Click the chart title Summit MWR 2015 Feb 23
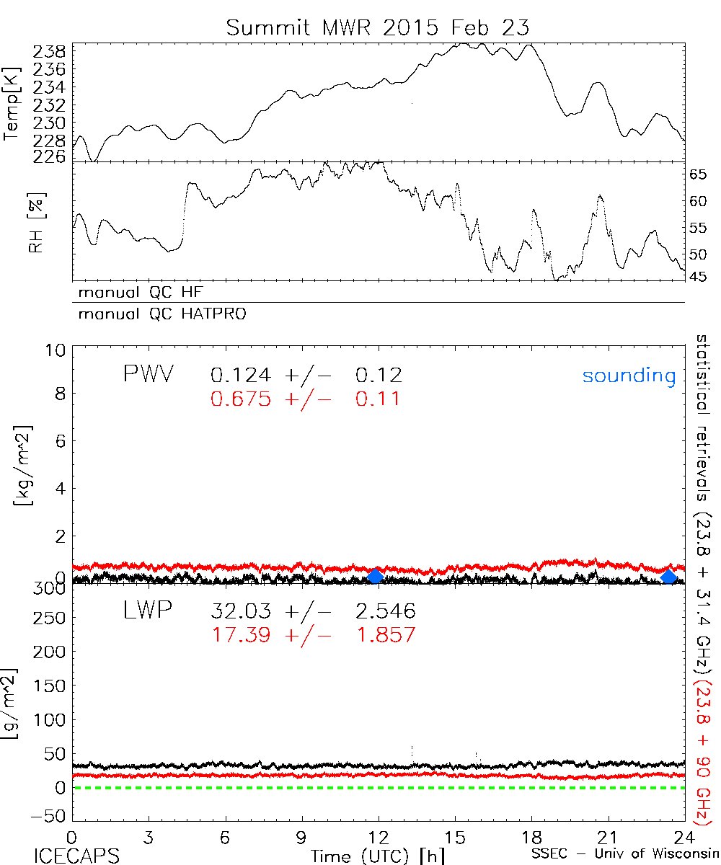(x=379, y=27)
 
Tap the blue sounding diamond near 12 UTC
(x=375, y=576)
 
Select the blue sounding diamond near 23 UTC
(x=669, y=576)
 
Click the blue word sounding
(x=629, y=376)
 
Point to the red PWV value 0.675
(x=241, y=399)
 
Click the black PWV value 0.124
(x=241, y=375)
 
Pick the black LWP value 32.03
(x=241, y=612)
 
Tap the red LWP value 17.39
(x=241, y=635)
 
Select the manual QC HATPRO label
(x=157, y=314)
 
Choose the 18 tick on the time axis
(x=532, y=838)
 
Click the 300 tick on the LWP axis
(x=50, y=588)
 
